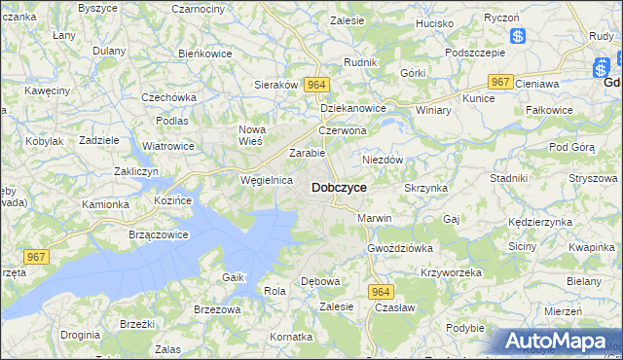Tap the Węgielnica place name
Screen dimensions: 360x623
pyautogui.click(x=267, y=180)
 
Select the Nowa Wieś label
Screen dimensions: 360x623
pyautogui.click(x=252, y=135)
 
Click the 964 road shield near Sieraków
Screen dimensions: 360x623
pyautogui.click(x=314, y=85)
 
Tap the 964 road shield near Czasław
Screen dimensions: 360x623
pyautogui.click(x=381, y=291)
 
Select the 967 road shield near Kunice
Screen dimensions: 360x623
pyautogui.click(x=500, y=83)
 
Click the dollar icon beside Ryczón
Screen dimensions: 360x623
pyautogui.click(x=518, y=37)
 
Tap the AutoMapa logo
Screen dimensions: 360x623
pyautogui.click(x=560, y=341)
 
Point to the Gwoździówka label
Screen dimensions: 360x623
pyautogui.click(x=400, y=248)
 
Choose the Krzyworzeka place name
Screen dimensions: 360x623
pyautogui.click(x=451, y=272)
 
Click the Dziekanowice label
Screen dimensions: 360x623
pyautogui.click(x=353, y=109)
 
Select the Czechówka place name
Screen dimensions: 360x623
pyautogui.click(x=169, y=97)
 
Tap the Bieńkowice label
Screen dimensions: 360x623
pyautogui.click(x=205, y=54)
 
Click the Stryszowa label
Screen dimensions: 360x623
pyautogui.click(x=594, y=178)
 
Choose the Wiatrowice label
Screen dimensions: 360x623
pyautogui.click(x=167, y=146)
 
